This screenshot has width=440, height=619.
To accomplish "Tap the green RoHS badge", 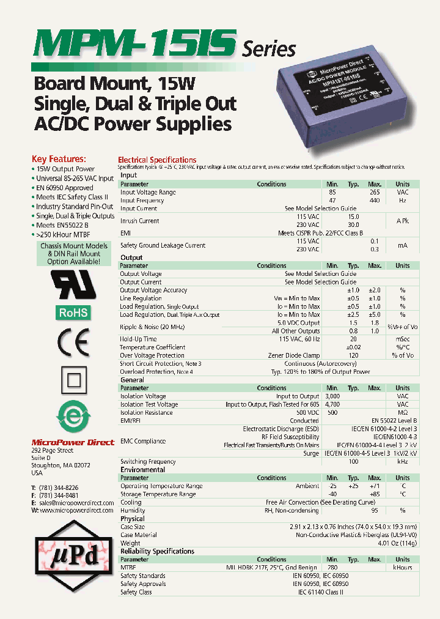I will click(73, 313).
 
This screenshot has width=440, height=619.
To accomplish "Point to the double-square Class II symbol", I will click(73, 382).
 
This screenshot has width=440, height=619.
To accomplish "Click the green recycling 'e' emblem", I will click(72, 418).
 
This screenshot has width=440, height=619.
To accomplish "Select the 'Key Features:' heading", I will click(59, 158).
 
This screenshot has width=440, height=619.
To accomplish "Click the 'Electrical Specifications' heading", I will click(157, 160).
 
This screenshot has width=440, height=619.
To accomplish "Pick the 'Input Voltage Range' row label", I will click(148, 192).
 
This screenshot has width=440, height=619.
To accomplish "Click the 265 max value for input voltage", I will click(374, 192).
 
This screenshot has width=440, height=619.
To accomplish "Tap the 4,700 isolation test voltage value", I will click(332, 404).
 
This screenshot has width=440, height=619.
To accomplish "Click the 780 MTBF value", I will click(332, 568).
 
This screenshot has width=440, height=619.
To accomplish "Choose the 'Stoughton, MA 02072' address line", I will click(61, 465).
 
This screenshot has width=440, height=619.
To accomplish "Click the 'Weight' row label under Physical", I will click(130, 543).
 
